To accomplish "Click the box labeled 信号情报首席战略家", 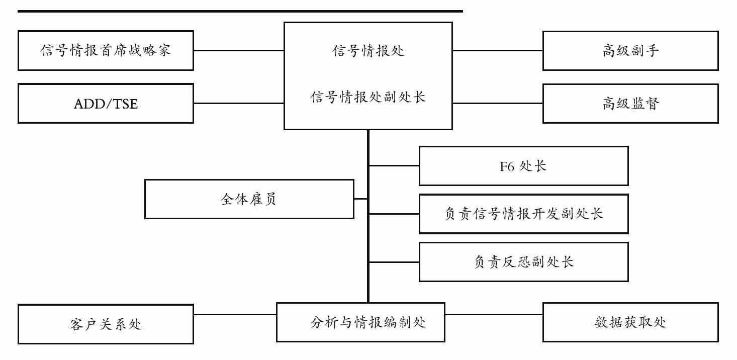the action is (x=106, y=51).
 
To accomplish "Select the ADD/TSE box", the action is (x=106, y=104).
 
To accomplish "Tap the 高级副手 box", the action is (x=630, y=51).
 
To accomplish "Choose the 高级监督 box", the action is (x=630, y=104).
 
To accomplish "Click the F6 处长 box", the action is (x=523, y=166).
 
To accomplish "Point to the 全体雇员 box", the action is (x=249, y=199).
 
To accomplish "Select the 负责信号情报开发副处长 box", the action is (x=523, y=214).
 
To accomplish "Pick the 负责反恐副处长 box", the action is (x=523, y=262).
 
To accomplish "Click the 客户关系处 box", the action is (x=106, y=324).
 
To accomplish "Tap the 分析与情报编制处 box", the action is (x=360, y=322).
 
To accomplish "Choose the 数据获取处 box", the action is (x=630, y=322).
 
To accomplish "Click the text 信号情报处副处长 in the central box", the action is (x=368, y=97).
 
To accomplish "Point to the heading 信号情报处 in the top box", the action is (x=368, y=51).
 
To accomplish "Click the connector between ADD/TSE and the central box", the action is (x=239, y=104).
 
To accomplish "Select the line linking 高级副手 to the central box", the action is (x=498, y=50).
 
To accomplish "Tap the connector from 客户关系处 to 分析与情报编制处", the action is (x=235, y=314).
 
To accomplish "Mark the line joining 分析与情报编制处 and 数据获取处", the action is (x=494, y=314).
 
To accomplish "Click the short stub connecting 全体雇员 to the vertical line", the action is (x=360, y=199).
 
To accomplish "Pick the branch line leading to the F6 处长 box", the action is (x=394, y=165).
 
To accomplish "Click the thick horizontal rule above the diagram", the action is (x=240, y=11).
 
